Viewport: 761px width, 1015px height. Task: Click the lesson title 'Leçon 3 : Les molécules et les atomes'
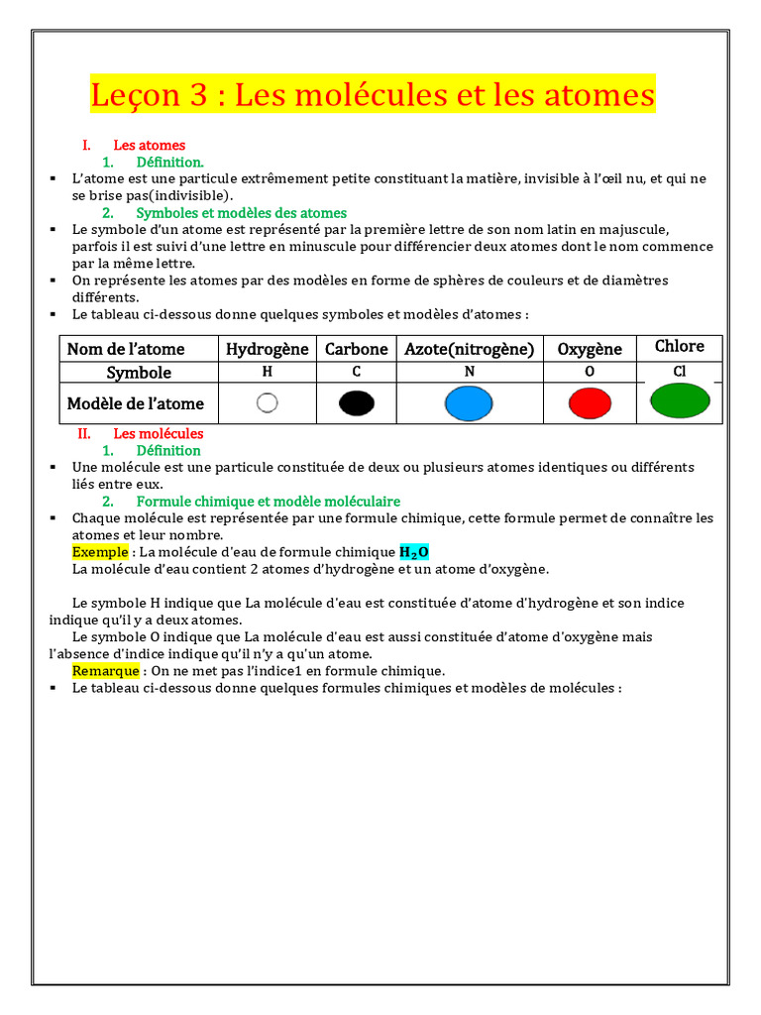tap(373, 95)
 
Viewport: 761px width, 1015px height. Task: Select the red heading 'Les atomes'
tap(149, 146)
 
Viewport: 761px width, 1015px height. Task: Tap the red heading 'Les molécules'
tap(158, 434)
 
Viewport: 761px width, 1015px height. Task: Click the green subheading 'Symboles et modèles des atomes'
tap(241, 213)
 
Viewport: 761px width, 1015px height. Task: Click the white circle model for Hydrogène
tap(267, 402)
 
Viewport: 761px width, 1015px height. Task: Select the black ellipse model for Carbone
tap(356, 402)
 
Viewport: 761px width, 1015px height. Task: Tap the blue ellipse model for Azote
tap(468, 403)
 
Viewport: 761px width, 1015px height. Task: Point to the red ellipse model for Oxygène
tap(590, 403)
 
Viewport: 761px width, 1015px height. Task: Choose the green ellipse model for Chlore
tap(679, 400)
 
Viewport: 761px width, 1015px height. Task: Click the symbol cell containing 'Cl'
tap(679, 372)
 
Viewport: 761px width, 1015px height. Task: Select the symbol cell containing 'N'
tap(468, 372)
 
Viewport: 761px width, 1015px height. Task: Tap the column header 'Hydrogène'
tap(267, 349)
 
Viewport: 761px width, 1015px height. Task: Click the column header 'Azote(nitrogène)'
tap(469, 349)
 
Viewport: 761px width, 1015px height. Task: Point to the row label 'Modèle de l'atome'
tap(136, 403)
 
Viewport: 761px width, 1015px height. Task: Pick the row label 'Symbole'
tap(139, 373)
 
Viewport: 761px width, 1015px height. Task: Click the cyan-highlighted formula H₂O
tap(414, 552)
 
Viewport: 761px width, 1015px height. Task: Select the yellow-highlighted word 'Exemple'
tap(100, 552)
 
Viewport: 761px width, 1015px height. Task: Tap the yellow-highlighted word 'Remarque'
tap(105, 671)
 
